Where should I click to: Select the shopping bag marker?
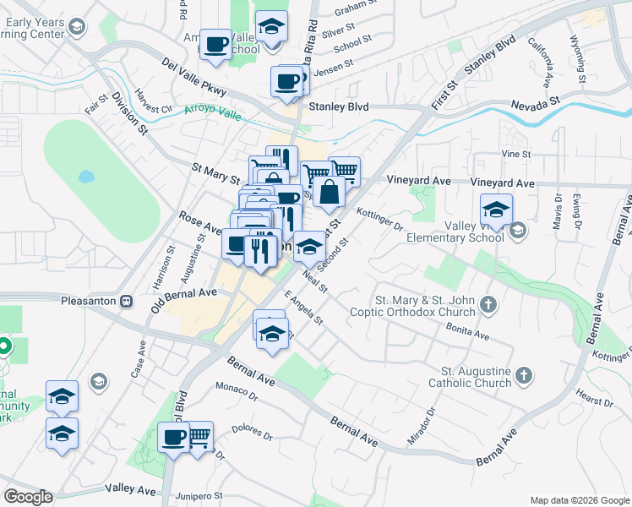pyautogui.click(x=329, y=193)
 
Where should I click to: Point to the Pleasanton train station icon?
pyautogui.click(x=126, y=300)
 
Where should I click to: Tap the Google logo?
pyautogui.click(x=27, y=497)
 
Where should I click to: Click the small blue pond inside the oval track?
pyautogui.click(x=85, y=177)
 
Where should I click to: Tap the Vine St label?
pyautogui.click(x=515, y=155)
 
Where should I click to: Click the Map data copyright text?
pyautogui.click(x=579, y=499)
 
